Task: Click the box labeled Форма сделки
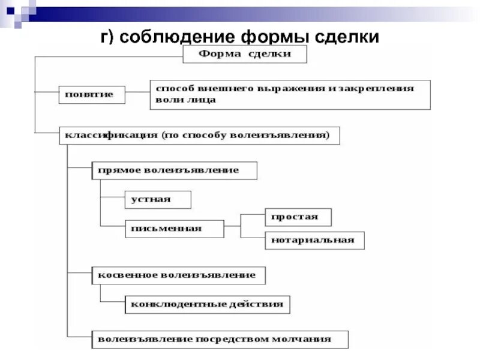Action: point(245,55)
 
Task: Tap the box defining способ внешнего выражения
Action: point(290,94)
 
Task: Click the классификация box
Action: point(199,135)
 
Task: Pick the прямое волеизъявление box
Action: point(174,170)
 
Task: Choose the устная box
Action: point(158,200)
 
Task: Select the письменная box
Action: point(174,229)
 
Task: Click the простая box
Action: point(298,217)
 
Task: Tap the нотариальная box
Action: point(314,241)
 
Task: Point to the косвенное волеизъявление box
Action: point(178,275)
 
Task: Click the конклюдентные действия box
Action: point(208,304)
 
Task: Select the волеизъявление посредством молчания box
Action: point(220,339)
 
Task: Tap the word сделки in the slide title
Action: point(343,37)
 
